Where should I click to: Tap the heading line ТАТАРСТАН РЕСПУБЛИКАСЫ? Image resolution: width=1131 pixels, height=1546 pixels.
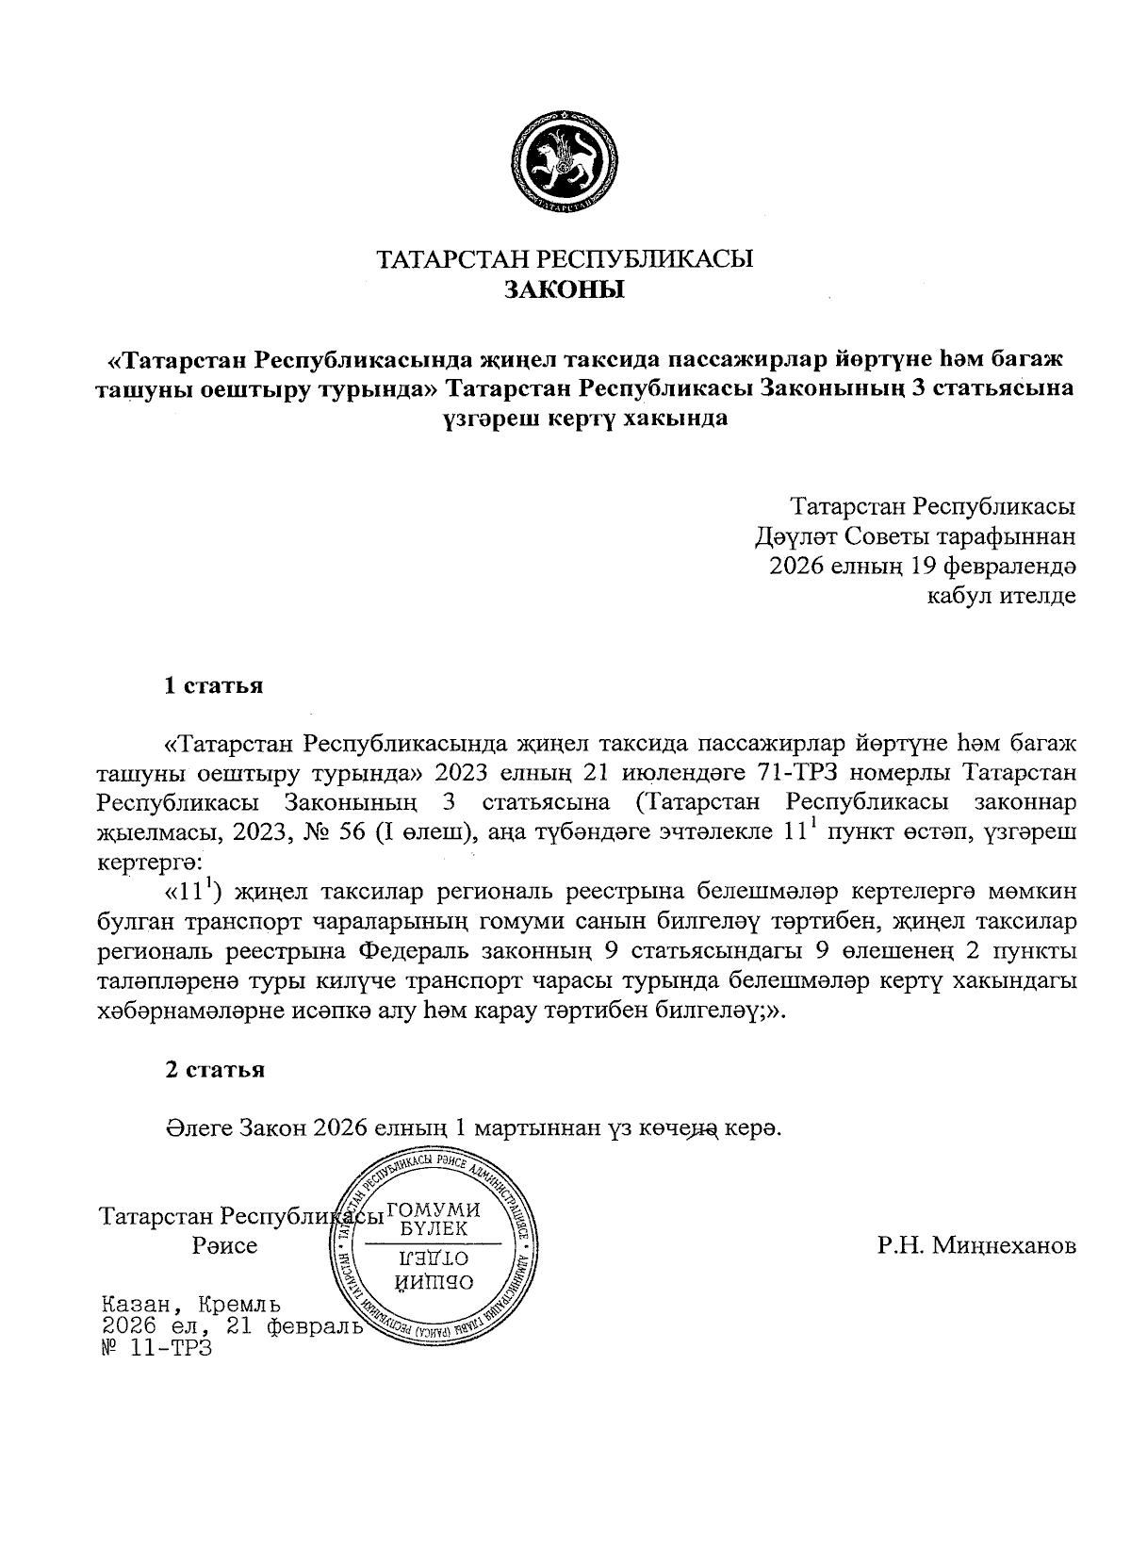point(565,259)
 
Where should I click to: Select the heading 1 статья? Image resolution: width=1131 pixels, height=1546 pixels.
point(214,685)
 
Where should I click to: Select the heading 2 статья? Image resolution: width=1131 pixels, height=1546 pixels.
point(215,1070)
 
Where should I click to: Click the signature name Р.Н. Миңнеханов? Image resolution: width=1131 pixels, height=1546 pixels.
point(975,1246)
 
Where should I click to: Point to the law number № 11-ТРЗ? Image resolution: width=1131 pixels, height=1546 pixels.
point(156,1349)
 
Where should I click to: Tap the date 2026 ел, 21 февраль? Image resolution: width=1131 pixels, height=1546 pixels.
point(232,1327)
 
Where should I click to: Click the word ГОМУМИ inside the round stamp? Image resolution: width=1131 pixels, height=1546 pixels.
point(434,1210)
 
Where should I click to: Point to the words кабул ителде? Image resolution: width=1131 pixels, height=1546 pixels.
point(1002,597)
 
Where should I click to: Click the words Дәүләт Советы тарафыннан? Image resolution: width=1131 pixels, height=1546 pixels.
point(914,536)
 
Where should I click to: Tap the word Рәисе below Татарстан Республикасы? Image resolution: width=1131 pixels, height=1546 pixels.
point(224,1246)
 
